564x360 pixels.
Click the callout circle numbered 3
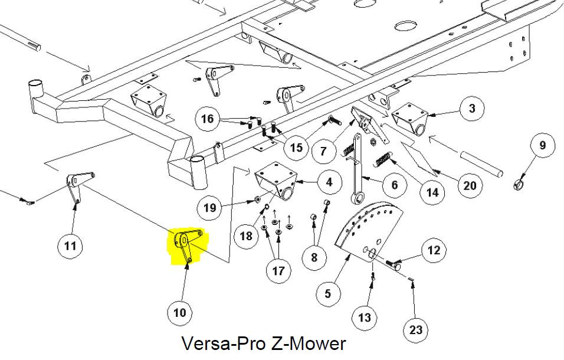coord(472,109)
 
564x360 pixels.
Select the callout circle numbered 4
coord(329,182)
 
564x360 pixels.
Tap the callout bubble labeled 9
coord(543,145)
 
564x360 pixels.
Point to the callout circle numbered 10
coord(180,313)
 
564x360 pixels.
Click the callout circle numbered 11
coord(70,246)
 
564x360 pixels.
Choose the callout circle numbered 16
coord(208,119)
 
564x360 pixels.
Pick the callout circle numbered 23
coord(416,330)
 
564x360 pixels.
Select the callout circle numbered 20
coord(470,185)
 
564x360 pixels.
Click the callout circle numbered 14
coord(432,193)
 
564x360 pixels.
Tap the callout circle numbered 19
coord(209,208)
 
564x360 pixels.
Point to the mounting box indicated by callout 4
coord(276,181)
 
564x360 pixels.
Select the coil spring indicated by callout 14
coord(383,159)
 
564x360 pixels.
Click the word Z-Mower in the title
coord(309,343)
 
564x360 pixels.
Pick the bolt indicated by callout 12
coord(394,265)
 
